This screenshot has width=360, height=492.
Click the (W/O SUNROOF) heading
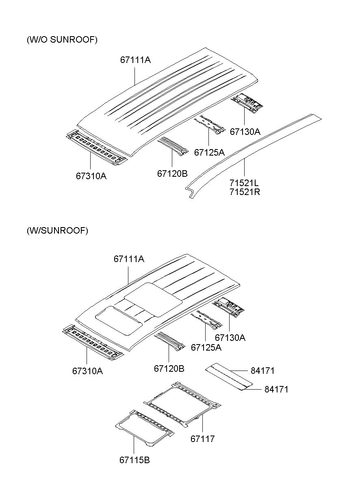point(62,40)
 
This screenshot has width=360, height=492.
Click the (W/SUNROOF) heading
point(57,230)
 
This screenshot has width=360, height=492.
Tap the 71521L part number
point(244,183)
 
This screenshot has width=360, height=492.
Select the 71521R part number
point(245,192)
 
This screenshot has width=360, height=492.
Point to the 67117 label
point(202,439)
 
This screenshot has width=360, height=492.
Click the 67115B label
point(134,460)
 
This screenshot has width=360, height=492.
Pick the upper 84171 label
point(263,371)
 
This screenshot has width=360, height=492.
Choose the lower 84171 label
point(276,389)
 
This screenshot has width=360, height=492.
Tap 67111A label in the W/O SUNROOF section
point(135,60)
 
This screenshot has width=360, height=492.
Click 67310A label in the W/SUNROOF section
point(87,371)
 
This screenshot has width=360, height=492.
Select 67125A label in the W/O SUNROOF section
point(209,152)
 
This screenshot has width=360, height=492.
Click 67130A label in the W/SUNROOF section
point(230,338)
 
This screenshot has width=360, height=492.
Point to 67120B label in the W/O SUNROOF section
point(172,173)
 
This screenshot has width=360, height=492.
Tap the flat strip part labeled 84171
point(228,377)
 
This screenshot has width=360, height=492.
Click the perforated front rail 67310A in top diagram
point(97,147)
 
